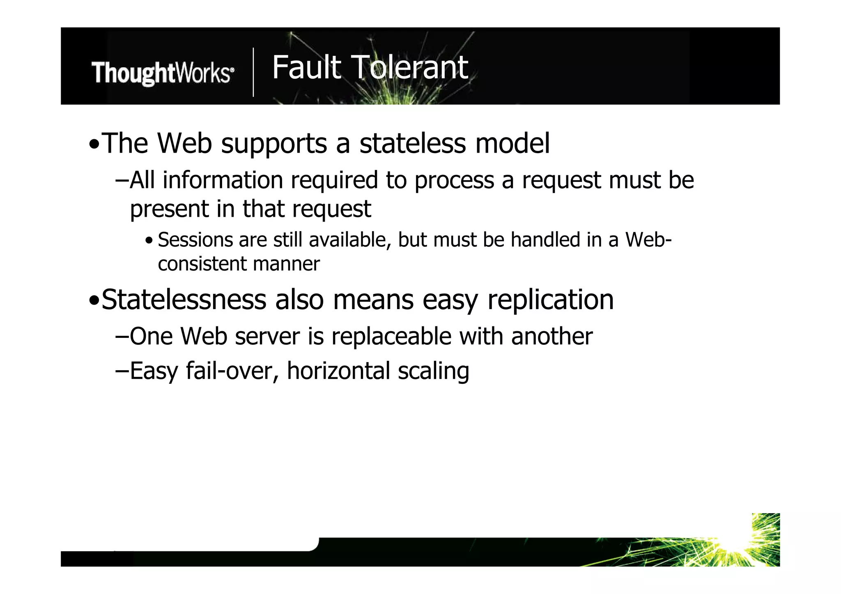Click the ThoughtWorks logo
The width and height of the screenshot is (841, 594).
163,73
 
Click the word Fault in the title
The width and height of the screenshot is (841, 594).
306,67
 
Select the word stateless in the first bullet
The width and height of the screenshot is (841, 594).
413,143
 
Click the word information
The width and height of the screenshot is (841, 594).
223,180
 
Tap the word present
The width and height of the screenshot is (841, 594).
170,209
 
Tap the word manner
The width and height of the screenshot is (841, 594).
286,264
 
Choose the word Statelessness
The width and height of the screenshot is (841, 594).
184,300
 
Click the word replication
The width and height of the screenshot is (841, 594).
550,300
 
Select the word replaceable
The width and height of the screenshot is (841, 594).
391,337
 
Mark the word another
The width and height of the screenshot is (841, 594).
552,336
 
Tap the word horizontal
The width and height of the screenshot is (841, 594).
338,371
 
